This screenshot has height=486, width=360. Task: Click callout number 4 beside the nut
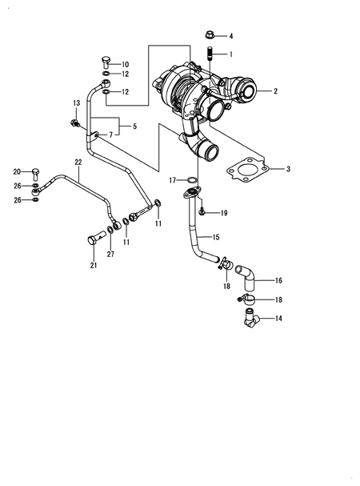coord(231,37)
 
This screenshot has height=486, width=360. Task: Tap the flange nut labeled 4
coord(208,35)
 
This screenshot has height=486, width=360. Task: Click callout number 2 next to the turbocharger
coord(275,91)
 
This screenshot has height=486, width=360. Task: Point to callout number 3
coord(288,170)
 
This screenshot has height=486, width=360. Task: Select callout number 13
coord(77,104)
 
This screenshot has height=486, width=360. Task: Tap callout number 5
coord(134,126)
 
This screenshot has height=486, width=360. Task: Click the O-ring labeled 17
coord(192,179)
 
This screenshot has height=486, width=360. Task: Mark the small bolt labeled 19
coord(203,212)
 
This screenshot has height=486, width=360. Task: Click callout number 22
coord(78,163)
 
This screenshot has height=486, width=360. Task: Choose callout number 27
coord(110,255)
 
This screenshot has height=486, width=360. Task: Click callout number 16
coord(278,281)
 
